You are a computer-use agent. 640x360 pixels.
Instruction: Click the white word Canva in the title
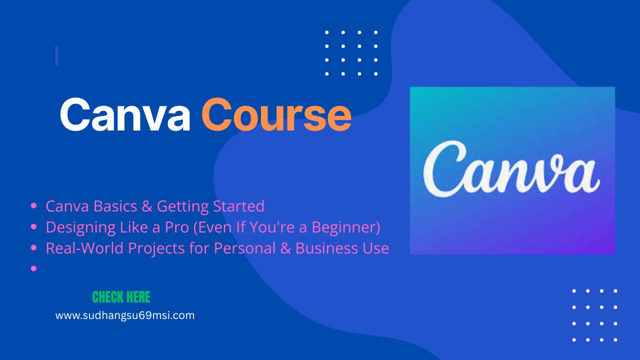coord(125,114)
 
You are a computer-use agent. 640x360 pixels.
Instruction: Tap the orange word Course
coord(276,114)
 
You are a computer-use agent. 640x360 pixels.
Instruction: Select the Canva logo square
coord(512,170)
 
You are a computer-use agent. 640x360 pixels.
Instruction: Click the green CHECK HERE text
coord(121,297)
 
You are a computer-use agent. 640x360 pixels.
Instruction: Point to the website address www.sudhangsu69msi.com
coord(125,315)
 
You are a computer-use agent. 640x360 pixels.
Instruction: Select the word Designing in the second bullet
coord(80,227)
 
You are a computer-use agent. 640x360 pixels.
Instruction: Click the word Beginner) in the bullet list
coord(345,227)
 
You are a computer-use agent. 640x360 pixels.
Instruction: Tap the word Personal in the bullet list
coord(245,248)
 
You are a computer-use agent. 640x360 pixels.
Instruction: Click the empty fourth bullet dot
coord(33,268)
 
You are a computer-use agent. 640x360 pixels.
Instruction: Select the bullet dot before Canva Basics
coord(33,205)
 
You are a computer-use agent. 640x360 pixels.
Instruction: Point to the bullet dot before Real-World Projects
coord(33,247)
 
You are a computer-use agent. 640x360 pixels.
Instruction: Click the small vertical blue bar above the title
coord(57,55)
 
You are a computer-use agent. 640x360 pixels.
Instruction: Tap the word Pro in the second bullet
coord(177,227)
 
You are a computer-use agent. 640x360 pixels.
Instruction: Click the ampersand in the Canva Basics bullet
coord(147,206)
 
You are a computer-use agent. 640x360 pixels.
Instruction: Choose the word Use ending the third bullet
coord(375,248)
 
